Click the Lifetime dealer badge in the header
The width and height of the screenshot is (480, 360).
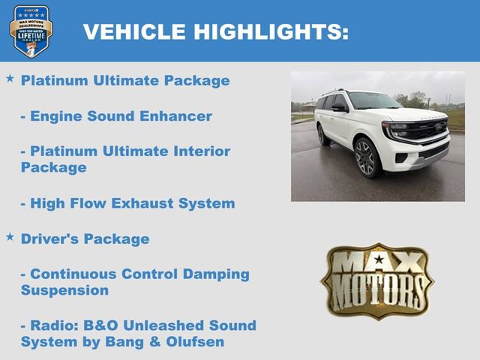[x=31, y=31]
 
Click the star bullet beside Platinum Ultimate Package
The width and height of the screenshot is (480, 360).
[x=10, y=78]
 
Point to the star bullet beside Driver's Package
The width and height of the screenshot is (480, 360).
[x=10, y=236]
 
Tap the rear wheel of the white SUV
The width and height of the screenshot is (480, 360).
[x=323, y=135]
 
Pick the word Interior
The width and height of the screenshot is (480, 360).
[x=198, y=151]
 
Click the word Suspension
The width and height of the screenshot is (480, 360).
[x=64, y=290]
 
